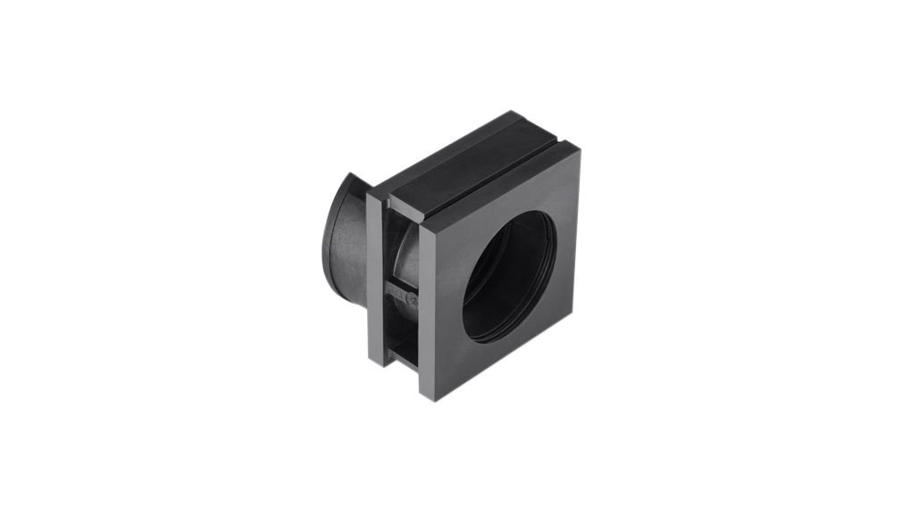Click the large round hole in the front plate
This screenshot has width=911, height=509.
[509, 277]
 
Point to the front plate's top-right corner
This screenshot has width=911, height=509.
[578, 150]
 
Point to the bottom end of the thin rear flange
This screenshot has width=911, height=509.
[375, 363]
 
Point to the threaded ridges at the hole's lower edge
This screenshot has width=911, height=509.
[500, 335]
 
